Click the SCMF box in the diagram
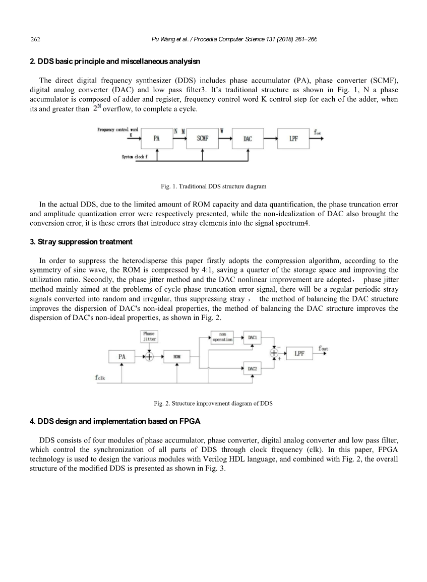[202, 139]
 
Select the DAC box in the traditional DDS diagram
[248, 139]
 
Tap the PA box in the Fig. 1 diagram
[157, 139]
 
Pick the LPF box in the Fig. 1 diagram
[293, 139]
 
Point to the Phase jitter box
[149, 337]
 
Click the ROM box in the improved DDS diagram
[177, 357]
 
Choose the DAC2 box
[253, 369]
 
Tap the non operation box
[222, 337]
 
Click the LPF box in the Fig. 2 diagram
[299, 354]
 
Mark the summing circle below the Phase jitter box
[149, 357]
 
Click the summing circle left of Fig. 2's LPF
[275, 354]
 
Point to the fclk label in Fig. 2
[100, 376]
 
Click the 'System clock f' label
[135, 157]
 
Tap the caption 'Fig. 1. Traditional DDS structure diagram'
[213, 186]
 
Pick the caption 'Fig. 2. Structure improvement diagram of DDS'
[213, 404]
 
